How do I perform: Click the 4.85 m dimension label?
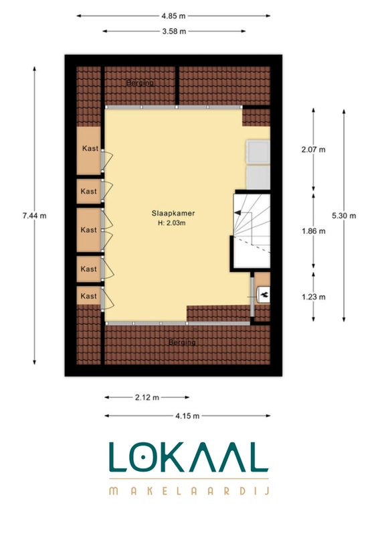pyautogui.click(x=173, y=15)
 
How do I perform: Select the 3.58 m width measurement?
pyautogui.click(x=174, y=31)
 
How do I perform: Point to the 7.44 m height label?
pyautogui.click(x=35, y=216)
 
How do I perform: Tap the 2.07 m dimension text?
pyautogui.click(x=314, y=149)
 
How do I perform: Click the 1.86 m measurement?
pyautogui.click(x=314, y=231)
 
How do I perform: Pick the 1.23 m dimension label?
pyautogui.click(x=314, y=297)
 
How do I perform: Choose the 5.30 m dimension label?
pyautogui.click(x=344, y=216)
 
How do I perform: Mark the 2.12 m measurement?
pyautogui.click(x=147, y=397)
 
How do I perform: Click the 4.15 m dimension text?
pyautogui.click(x=187, y=416)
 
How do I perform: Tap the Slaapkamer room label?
pyautogui.click(x=173, y=213)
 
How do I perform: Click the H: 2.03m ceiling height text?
pyautogui.click(x=172, y=223)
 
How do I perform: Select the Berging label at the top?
pyautogui.click(x=140, y=82)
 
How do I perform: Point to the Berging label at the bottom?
pyautogui.click(x=182, y=342)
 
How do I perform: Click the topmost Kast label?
pyautogui.click(x=90, y=148)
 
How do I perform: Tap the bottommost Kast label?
pyautogui.click(x=89, y=296)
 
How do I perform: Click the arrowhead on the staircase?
pyautogui.click(x=238, y=212)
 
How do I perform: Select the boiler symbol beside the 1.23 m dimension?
pyautogui.click(x=264, y=294)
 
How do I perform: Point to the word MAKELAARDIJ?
pyautogui.click(x=189, y=491)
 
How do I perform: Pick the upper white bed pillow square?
pyautogui.click(x=258, y=151)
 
